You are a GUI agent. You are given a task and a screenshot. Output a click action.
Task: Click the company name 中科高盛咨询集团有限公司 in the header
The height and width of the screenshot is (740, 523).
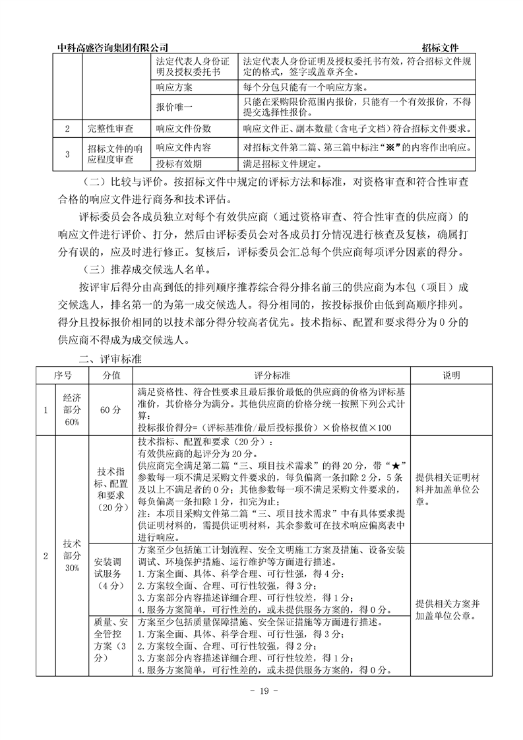[x=113, y=47]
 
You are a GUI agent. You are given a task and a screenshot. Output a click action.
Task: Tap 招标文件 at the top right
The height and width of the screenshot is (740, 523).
[x=441, y=47]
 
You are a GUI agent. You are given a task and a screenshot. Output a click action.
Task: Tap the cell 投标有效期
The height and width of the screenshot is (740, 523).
[x=179, y=164]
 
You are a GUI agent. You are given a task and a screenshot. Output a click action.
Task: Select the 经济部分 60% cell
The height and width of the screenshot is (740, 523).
[x=72, y=409]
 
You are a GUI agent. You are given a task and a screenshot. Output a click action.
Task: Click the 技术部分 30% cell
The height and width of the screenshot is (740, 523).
[x=72, y=556]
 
